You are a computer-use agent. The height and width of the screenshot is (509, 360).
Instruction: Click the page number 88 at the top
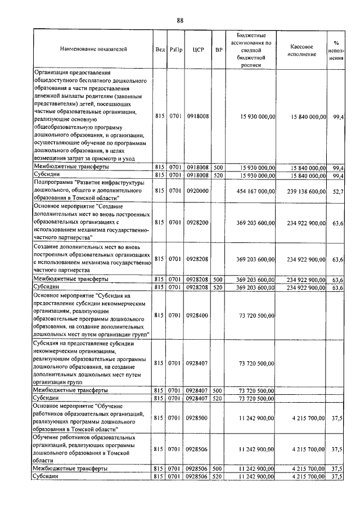pyautogui.click(x=180, y=20)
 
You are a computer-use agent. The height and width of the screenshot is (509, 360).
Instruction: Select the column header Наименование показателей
pyautogui.click(x=93, y=49)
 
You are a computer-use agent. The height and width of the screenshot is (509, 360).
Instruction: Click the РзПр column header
pyautogui.click(x=175, y=49)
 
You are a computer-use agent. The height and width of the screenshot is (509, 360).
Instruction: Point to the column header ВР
pyautogui.click(x=218, y=49)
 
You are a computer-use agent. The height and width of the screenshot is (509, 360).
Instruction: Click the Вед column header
pyautogui.click(x=160, y=49)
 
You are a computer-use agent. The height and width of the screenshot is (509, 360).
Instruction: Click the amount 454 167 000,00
pyautogui.click(x=251, y=191)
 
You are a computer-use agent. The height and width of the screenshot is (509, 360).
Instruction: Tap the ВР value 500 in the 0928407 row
pyautogui.click(x=218, y=390)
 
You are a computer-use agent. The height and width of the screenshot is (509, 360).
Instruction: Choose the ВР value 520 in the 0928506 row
pyautogui.click(x=218, y=476)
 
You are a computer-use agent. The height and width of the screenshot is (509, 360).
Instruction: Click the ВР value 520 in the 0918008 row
pyautogui.click(x=218, y=175)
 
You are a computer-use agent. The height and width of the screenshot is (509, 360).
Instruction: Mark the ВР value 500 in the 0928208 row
pyautogui.click(x=218, y=279)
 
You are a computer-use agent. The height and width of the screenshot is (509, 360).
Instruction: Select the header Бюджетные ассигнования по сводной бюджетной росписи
pyautogui.click(x=251, y=49)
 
